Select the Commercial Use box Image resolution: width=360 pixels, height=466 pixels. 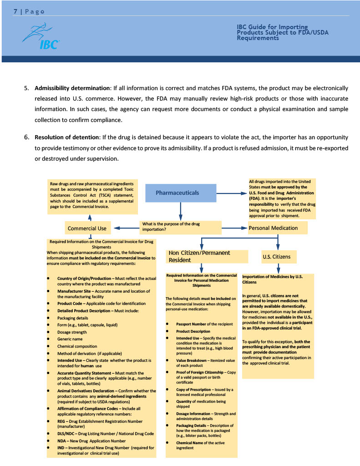[87, 228]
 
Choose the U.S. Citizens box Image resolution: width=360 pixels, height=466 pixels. [276, 257]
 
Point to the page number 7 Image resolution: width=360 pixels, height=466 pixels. [15, 11]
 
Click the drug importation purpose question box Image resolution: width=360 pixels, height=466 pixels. [180, 227]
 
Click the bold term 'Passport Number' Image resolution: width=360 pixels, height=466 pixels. [191, 324]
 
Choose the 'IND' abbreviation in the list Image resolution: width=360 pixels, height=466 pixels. [61, 448]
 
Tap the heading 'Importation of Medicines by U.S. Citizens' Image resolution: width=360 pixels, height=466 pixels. [272, 279]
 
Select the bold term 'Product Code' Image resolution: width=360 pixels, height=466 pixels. [70, 303]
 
